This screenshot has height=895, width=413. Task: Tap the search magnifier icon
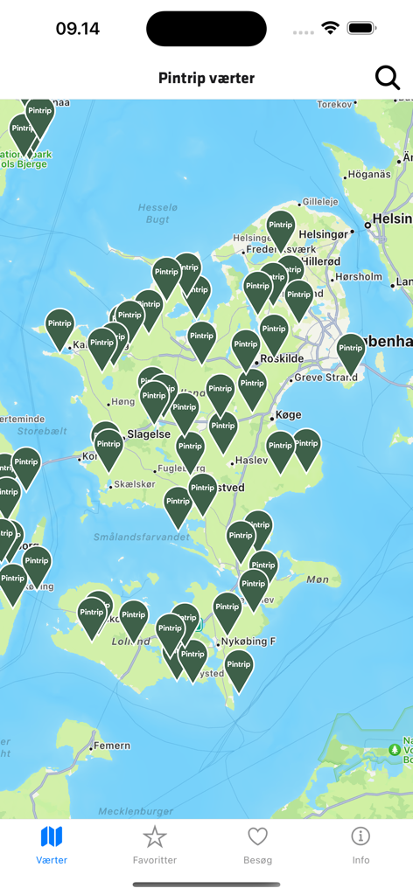pos(387,78)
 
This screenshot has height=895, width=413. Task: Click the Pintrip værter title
pos(206,78)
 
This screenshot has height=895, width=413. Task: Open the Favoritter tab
pos(155,844)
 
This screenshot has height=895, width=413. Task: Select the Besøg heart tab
pos(257,844)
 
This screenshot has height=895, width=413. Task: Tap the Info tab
pos(360,844)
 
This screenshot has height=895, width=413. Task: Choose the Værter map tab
pos(52,844)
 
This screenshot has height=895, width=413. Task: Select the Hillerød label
pos(320,260)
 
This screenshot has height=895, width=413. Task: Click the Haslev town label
pos(252,461)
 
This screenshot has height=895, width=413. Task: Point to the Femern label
pos(112,746)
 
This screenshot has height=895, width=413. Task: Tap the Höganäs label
pos(368,174)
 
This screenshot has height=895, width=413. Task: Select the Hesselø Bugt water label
pos(157,212)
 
